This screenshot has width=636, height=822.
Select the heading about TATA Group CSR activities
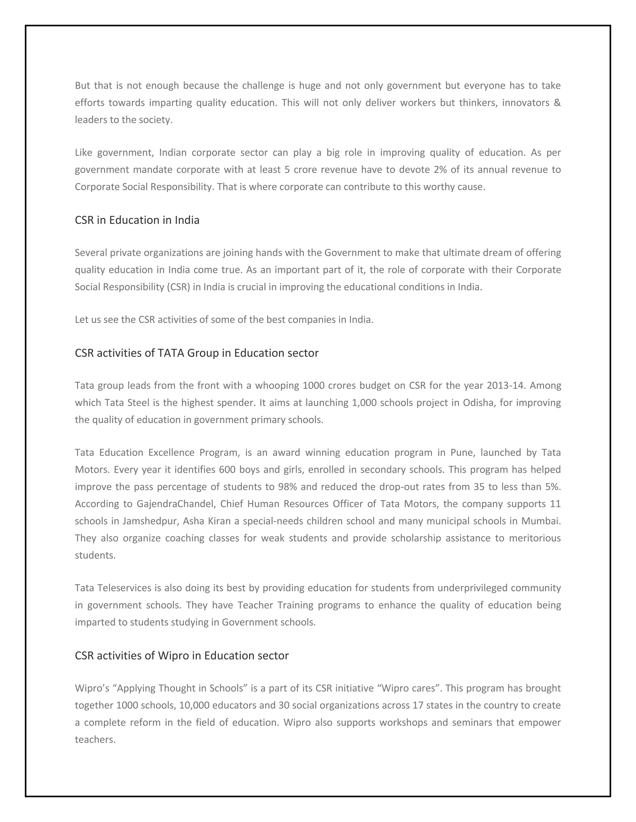click(x=196, y=353)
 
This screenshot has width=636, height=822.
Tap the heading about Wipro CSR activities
click(x=182, y=656)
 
